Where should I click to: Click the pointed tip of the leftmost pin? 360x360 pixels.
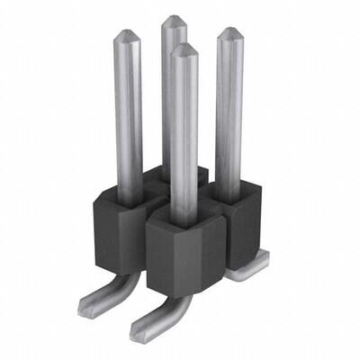[x=126, y=33]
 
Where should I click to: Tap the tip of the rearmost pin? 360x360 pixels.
[x=174, y=19]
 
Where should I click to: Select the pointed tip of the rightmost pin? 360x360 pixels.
[x=229, y=31]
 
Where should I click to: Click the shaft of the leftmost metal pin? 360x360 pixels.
[x=128, y=108]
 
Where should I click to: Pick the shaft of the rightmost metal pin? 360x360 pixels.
[x=229, y=108]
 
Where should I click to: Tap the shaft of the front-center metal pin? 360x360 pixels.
[x=184, y=135]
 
